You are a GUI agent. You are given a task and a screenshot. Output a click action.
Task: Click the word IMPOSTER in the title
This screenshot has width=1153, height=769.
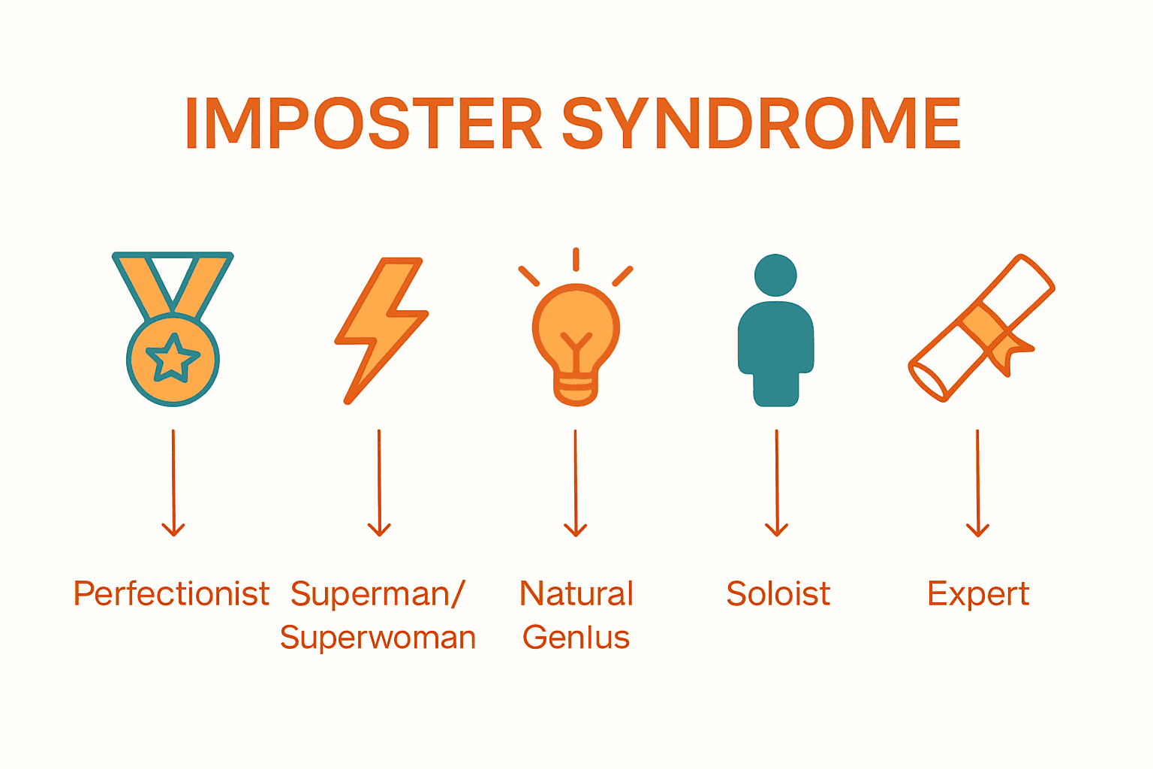click(x=363, y=124)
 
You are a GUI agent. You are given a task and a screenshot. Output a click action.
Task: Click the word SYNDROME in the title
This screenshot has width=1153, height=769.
click(x=760, y=124)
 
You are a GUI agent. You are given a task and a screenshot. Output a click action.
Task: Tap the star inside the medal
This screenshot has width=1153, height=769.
click(x=173, y=358)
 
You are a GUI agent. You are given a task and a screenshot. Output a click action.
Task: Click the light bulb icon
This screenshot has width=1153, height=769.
click(x=576, y=334)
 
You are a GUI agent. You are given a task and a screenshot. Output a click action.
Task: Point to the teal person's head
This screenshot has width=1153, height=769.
click(x=775, y=275)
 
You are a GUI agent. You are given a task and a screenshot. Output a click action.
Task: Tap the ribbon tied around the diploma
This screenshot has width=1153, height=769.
click(x=992, y=335)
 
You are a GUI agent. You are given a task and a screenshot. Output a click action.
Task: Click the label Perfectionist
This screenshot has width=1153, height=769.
click(x=171, y=593)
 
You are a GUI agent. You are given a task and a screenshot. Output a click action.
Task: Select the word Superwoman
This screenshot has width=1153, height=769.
click(x=378, y=638)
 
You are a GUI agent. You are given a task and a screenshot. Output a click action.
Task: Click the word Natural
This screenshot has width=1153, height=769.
click(x=576, y=593)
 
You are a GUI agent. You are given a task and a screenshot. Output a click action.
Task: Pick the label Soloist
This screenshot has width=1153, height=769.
click(x=778, y=593)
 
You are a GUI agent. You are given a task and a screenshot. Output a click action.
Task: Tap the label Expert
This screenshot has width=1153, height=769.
click(x=977, y=593)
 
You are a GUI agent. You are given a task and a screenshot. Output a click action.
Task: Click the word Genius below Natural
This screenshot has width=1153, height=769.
click(x=576, y=638)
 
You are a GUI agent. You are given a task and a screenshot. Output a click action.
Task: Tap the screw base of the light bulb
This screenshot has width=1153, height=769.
click(x=576, y=389)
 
